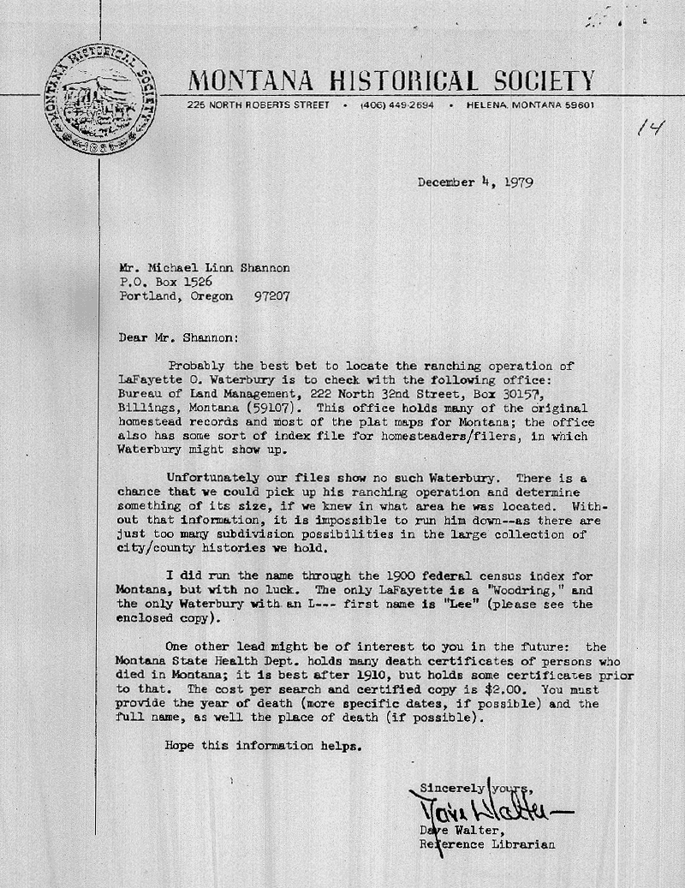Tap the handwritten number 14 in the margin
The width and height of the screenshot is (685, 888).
tap(651, 128)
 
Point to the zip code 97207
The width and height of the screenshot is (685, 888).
tap(271, 296)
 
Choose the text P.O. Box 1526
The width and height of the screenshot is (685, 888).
tap(166, 282)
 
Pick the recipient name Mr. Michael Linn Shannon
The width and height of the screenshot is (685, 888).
tap(205, 267)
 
